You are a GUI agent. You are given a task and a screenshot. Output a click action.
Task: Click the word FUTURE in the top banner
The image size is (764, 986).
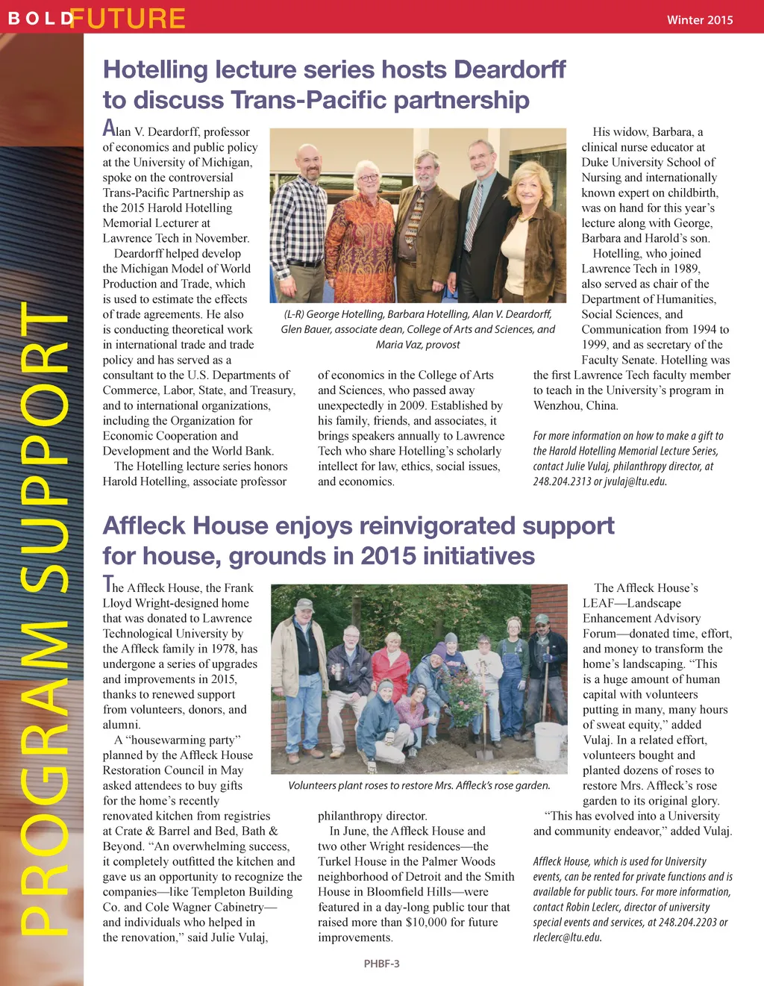tap(128, 18)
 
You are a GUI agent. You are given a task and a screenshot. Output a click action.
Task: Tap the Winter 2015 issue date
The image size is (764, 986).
tap(699, 20)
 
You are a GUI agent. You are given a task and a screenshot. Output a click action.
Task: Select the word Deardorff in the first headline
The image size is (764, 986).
tap(510, 69)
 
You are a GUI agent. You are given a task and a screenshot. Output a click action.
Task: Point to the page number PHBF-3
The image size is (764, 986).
tap(381, 964)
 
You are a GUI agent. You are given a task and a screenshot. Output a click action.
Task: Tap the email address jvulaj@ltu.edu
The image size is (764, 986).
tap(635, 481)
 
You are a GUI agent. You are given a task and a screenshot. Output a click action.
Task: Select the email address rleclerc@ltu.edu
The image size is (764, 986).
tap(567, 937)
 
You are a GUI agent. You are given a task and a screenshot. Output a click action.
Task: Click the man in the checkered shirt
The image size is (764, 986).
tap(307, 216)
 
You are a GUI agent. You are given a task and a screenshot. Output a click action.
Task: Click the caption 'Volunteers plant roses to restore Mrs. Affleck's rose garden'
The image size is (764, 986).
tap(419, 785)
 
